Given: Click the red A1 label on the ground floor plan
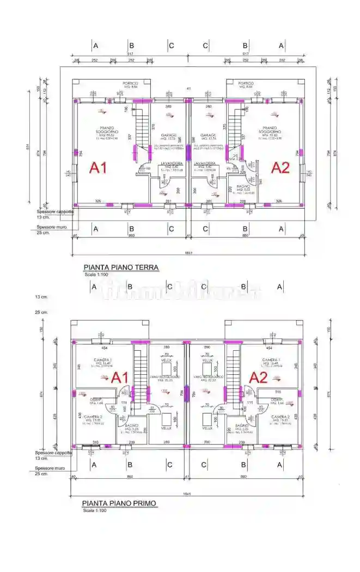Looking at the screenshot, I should (x=101, y=167).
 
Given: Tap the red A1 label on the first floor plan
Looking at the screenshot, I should (x=120, y=378).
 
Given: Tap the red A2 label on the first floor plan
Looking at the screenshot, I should (x=258, y=378).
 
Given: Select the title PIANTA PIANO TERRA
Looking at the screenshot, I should (x=121, y=267).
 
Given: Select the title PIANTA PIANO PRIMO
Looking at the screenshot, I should (x=119, y=503).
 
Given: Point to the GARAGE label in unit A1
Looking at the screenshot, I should (x=169, y=136).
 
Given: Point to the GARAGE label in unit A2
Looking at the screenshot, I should (x=208, y=136).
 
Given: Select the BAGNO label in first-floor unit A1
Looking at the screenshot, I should (x=131, y=425).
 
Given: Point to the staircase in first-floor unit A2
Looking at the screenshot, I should (x=234, y=376).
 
